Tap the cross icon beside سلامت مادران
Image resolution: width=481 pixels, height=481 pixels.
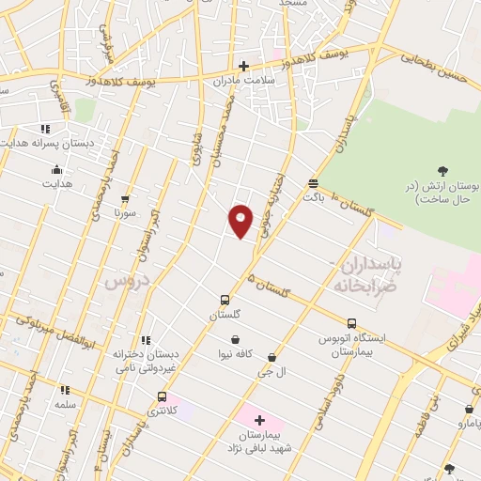pos(243,66)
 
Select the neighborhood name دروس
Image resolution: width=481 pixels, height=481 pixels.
pos(127,279)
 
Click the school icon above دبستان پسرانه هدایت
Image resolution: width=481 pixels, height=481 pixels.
pos(43,129)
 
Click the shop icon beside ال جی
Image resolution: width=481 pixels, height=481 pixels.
pos(272,358)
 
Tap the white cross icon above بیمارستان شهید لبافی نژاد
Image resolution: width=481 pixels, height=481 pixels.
pos(260,419)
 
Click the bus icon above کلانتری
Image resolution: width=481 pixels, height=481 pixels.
pos(163,397)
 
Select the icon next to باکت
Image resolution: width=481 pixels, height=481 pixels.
pos(313,184)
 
